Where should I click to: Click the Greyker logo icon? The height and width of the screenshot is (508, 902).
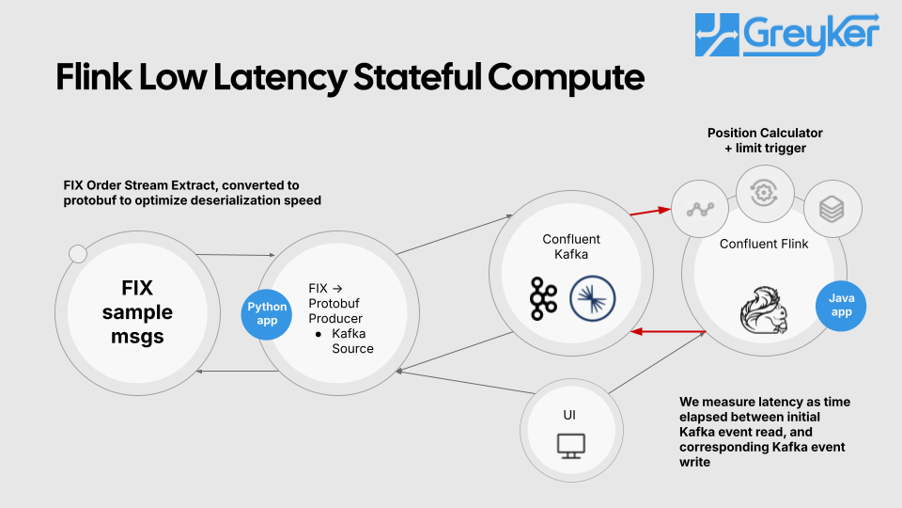click(717, 35)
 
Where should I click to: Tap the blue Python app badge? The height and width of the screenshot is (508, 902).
click(267, 313)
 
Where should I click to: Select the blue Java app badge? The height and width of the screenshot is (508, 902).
click(841, 305)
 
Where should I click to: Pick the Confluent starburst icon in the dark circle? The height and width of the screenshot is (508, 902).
click(593, 297)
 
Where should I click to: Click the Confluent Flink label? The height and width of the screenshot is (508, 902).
click(764, 244)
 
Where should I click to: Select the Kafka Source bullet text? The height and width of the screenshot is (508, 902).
click(351, 340)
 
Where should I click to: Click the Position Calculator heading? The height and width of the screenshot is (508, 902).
click(765, 134)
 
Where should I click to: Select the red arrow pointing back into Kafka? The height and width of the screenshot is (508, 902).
click(667, 331)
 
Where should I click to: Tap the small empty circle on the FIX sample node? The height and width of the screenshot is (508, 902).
click(79, 253)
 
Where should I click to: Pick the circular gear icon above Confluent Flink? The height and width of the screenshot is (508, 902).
click(765, 193)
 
